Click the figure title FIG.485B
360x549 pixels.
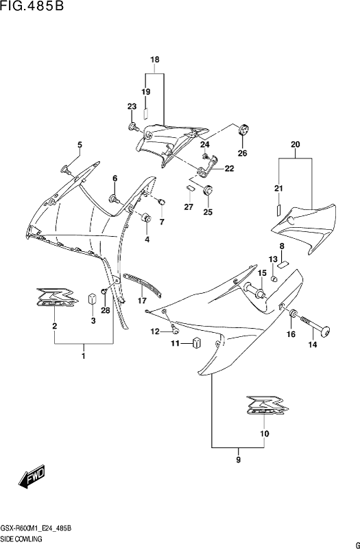pyautogui.click(x=32, y=6)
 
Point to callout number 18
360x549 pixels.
pyautogui.click(x=155, y=60)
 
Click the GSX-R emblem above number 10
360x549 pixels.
pyautogui.click(x=267, y=406)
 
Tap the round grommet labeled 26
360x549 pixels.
pyautogui.click(x=243, y=130)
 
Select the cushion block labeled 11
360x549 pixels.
pyautogui.click(x=197, y=342)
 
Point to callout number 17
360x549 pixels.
pyautogui.click(x=142, y=301)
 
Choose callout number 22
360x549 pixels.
pyautogui.click(x=229, y=169)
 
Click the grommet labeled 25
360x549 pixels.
pyautogui.click(x=207, y=190)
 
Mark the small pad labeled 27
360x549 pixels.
pyautogui.click(x=191, y=187)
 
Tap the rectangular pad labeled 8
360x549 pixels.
pyautogui.click(x=283, y=264)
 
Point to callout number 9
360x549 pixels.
pyautogui.click(x=238, y=460)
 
